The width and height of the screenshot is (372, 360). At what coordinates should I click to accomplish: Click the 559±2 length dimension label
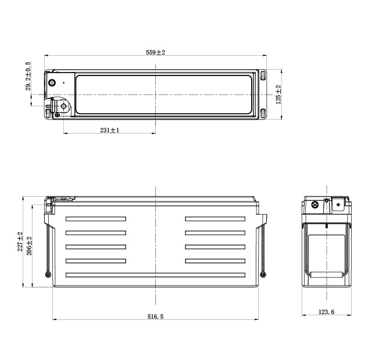point(155,52)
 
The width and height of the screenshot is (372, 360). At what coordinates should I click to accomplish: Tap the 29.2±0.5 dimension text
point(28,76)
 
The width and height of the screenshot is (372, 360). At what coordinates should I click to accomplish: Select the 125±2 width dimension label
point(278,95)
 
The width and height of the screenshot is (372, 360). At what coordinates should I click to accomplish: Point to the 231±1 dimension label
point(110,130)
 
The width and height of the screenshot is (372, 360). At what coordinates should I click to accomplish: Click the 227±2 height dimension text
point(20,242)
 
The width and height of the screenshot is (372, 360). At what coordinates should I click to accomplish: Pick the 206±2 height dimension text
point(29,246)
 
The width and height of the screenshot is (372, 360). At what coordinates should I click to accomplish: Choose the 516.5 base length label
point(155,316)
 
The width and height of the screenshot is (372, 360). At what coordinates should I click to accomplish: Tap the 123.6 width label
point(326,312)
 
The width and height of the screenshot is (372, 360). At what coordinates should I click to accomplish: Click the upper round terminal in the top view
point(52,82)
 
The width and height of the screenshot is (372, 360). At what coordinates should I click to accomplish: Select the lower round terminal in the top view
point(63,106)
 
